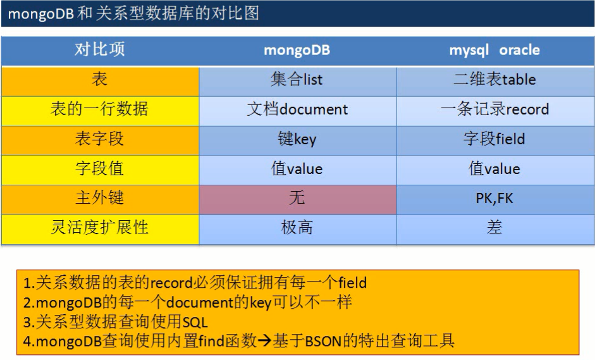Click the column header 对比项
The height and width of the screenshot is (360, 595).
pyautogui.click(x=100, y=50)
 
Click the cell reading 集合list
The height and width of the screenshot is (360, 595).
pyautogui.click(x=297, y=80)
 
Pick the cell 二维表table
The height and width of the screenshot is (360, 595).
pyautogui.click(x=494, y=80)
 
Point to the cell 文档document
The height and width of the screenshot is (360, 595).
pyautogui.click(x=297, y=109)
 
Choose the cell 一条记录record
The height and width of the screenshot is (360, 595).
pyautogui.click(x=494, y=109)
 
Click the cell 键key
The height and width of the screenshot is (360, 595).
pyautogui.click(x=297, y=139)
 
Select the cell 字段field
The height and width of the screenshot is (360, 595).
pyautogui.click(x=494, y=139)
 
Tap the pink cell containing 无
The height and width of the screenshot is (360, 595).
pyautogui.click(x=297, y=199)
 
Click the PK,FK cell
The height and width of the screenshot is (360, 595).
pyautogui.click(x=494, y=199)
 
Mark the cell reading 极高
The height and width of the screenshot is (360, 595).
pyautogui.click(x=297, y=228)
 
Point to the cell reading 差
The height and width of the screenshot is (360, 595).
pyautogui.click(x=494, y=228)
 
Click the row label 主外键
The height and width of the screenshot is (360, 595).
pyautogui.click(x=100, y=199)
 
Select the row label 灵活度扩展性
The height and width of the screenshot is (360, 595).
pyautogui.click(x=100, y=228)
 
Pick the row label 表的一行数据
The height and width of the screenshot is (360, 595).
pyautogui.click(x=100, y=109)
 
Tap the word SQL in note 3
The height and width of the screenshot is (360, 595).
pyautogui.click(x=195, y=322)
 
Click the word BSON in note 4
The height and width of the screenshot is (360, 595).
pyautogui.click(x=324, y=342)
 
